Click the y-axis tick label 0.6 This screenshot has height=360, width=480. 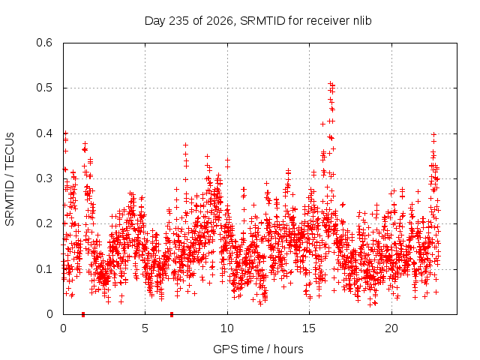44,43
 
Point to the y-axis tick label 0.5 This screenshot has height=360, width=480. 44,88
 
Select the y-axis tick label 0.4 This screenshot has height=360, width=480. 44,133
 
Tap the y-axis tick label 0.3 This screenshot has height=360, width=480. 44,178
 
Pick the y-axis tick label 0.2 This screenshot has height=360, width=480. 44,223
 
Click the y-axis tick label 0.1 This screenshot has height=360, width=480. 44,269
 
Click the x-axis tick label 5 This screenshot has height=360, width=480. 145,328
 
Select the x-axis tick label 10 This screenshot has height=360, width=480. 227,328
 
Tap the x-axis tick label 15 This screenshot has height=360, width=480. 309,328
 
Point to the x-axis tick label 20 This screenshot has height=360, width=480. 391,328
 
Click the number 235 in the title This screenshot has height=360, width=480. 179,21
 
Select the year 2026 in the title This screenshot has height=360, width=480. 220,21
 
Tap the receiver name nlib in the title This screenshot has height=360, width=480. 362,21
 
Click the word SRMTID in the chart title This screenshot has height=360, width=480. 262,21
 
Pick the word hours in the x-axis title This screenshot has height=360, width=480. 288,349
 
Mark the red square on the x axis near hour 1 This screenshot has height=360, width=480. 83,314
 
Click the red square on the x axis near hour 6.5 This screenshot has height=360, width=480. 172,314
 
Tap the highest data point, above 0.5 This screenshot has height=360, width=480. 330,83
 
